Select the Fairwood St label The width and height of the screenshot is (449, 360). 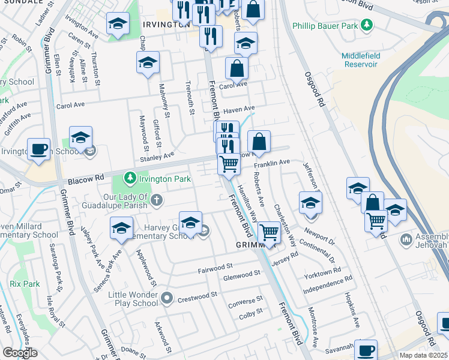(x=215, y=266)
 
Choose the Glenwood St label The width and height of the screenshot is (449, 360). (x=241, y=274)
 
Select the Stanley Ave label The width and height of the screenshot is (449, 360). (x=157, y=157)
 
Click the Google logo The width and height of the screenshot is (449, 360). (x=20, y=352)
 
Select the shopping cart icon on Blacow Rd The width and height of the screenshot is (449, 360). (x=229, y=163)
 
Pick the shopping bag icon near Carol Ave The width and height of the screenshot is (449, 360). (x=237, y=68)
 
